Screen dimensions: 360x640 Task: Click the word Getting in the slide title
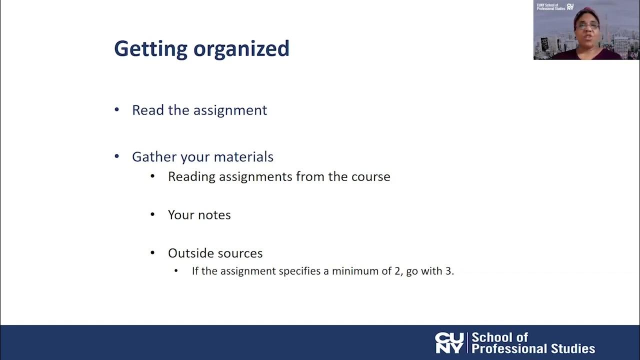click(150, 49)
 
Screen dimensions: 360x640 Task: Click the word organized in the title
click(241, 49)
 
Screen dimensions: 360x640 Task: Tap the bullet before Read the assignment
click(117, 109)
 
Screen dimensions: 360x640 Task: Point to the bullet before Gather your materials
click(117, 156)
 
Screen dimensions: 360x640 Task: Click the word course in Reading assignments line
click(372, 176)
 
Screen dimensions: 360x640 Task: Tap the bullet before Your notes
click(153, 214)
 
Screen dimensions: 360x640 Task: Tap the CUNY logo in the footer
click(449, 343)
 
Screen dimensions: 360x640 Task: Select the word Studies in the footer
click(570, 348)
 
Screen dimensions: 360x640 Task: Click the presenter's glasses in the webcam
click(587, 25)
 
